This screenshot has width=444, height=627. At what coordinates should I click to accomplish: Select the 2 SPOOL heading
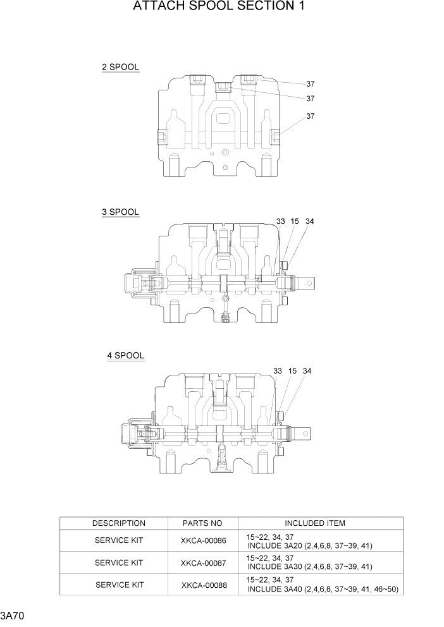tap(120, 67)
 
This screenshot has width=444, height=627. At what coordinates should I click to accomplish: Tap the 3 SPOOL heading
tap(120, 212)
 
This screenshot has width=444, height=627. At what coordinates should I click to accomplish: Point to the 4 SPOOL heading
tap(125, 356)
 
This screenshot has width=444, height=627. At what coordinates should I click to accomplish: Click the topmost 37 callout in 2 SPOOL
tap(311, 84)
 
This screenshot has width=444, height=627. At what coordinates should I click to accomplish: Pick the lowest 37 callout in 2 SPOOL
tap(311, 116)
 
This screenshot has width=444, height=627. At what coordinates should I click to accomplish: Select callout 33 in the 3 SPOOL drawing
tap(281, 221)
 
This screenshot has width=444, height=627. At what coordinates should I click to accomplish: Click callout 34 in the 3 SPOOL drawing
tap(310, 221)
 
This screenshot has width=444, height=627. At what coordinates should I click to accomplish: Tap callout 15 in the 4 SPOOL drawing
tap(292, 371)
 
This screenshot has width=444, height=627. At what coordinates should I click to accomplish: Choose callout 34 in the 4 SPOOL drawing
tap(307, 371)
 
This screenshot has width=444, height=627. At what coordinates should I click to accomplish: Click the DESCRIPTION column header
tap(118, 523)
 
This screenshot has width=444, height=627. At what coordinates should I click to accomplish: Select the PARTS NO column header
tap(202, 523)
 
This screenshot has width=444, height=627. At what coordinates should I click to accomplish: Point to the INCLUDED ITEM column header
tap(314, 523)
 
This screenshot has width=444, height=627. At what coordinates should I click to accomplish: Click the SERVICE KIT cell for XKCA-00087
tap(119, 563)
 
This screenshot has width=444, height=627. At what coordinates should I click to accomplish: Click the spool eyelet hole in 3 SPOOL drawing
tap(309, 284)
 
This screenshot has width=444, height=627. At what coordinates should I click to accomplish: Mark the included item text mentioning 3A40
tap(322, 589)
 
